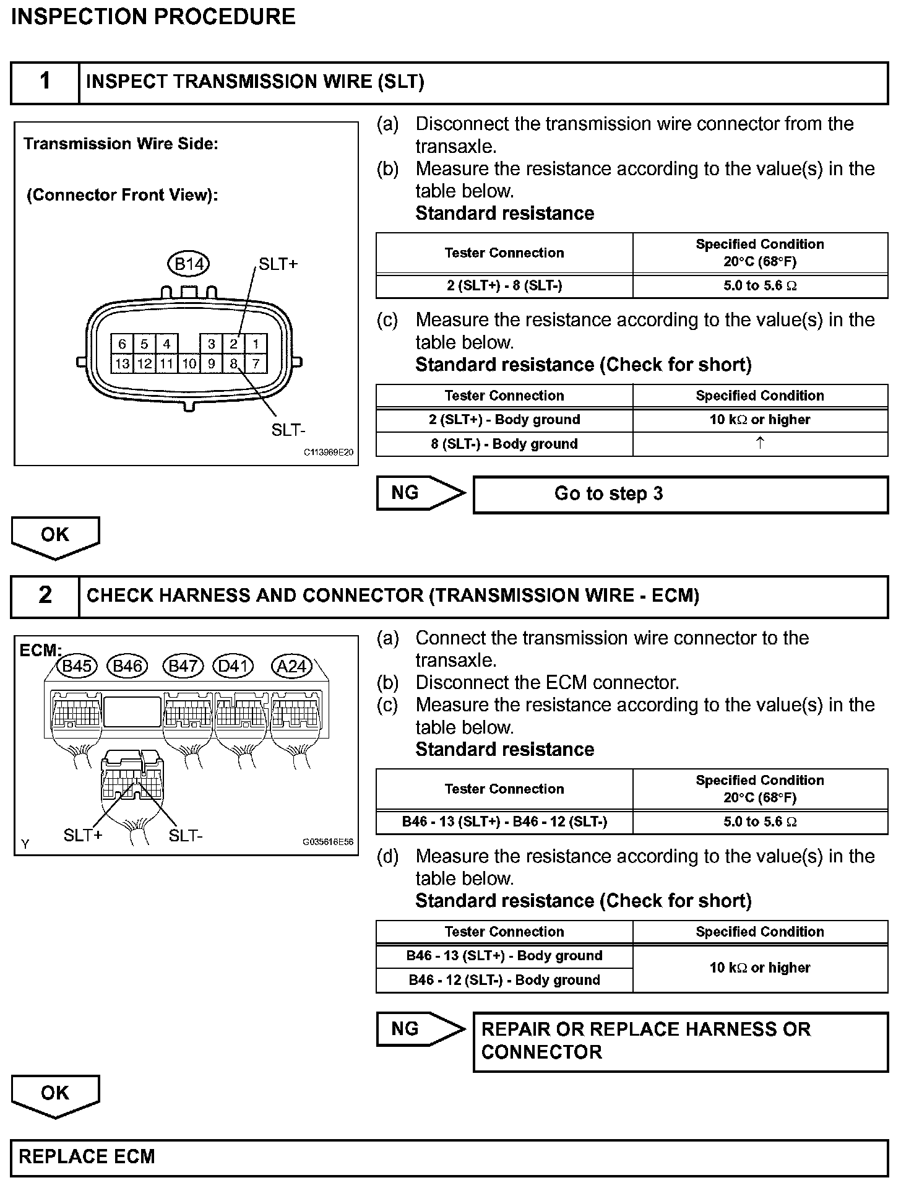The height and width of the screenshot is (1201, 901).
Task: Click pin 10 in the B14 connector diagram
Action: coord(189,363)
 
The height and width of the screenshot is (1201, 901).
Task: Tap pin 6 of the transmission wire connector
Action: coord(122,344)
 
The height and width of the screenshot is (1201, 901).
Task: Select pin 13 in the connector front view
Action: coord(122,363)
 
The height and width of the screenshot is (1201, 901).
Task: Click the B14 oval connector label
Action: coord(189,264)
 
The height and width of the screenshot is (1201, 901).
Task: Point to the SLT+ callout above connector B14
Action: coord(278,264)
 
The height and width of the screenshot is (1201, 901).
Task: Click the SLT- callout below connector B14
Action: coord(288,430)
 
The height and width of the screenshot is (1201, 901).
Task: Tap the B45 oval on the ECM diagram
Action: coord(77,666)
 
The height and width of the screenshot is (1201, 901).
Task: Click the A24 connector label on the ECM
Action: coord(292,666)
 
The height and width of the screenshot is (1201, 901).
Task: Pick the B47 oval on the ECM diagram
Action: coord(183,666)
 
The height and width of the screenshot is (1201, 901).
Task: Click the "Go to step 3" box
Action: coord(680,494)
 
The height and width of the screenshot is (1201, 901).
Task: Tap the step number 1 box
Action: coord(45,82)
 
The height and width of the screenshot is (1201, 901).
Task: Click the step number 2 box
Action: coord(45,596)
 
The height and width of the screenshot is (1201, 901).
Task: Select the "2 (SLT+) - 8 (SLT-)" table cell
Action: coord(504,285)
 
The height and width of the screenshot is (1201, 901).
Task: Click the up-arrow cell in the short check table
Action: coord(760,443)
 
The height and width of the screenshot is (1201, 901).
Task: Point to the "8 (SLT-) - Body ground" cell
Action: coord(504,444)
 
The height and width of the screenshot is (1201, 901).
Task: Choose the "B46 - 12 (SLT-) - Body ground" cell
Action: coord(504,980)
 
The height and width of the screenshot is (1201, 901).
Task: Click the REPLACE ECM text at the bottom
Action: coord(87,1156)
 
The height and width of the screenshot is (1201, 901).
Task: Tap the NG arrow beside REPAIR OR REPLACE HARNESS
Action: coord(420,1029)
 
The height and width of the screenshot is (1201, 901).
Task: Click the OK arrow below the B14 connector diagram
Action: coord(55,536)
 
